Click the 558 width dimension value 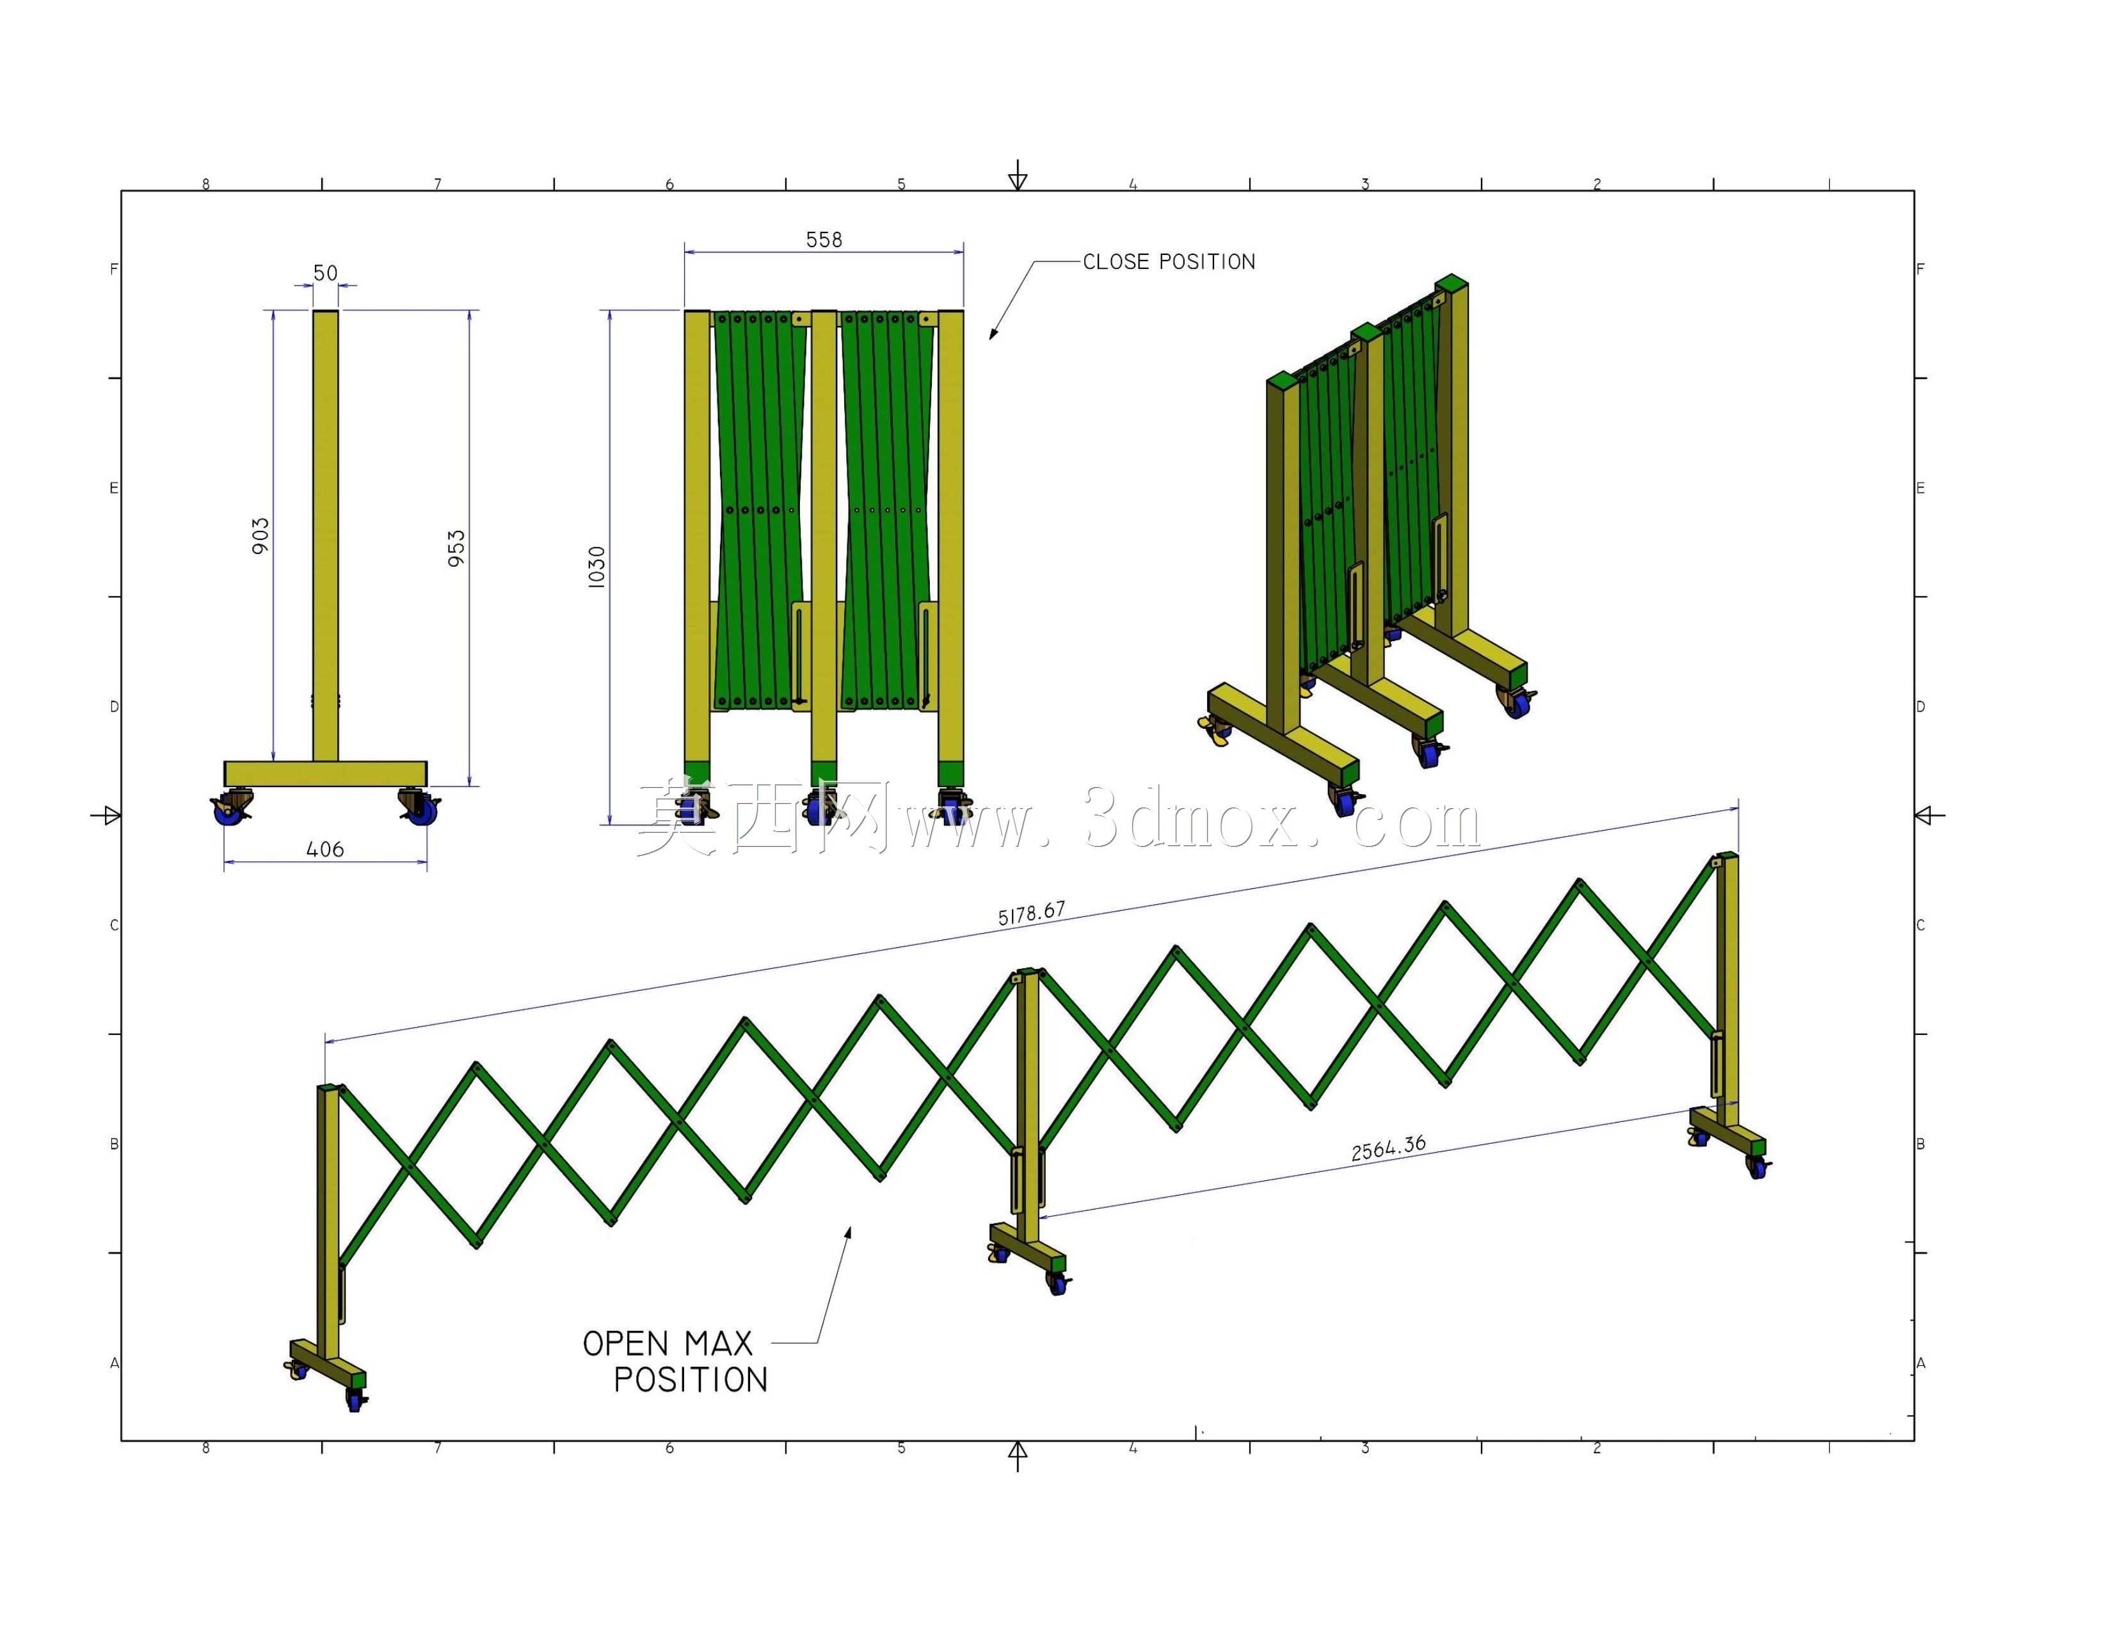(824, 239)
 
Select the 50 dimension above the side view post (326, 273)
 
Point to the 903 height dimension (260, 536)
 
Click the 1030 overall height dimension (596, 566)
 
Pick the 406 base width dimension (325, 849)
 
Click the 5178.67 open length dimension (1032, 913)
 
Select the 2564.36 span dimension (1389, 1148)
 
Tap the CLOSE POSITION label (1169, 261)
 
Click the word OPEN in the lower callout (626, 1344)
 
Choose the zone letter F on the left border (114, 269)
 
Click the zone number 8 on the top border (206, 184)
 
